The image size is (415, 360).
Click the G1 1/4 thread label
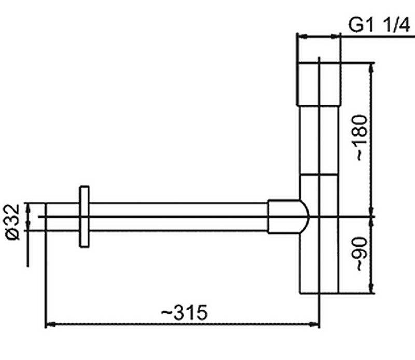379,25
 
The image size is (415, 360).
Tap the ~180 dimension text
362,137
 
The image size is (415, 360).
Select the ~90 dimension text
362,254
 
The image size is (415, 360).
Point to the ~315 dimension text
184,312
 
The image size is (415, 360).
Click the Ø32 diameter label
13,222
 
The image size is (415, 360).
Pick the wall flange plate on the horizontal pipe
84,217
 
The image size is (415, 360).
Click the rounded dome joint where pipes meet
288,217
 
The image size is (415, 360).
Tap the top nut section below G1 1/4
319,84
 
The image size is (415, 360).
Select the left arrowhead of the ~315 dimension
50,324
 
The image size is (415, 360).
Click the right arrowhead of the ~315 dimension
315,324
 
